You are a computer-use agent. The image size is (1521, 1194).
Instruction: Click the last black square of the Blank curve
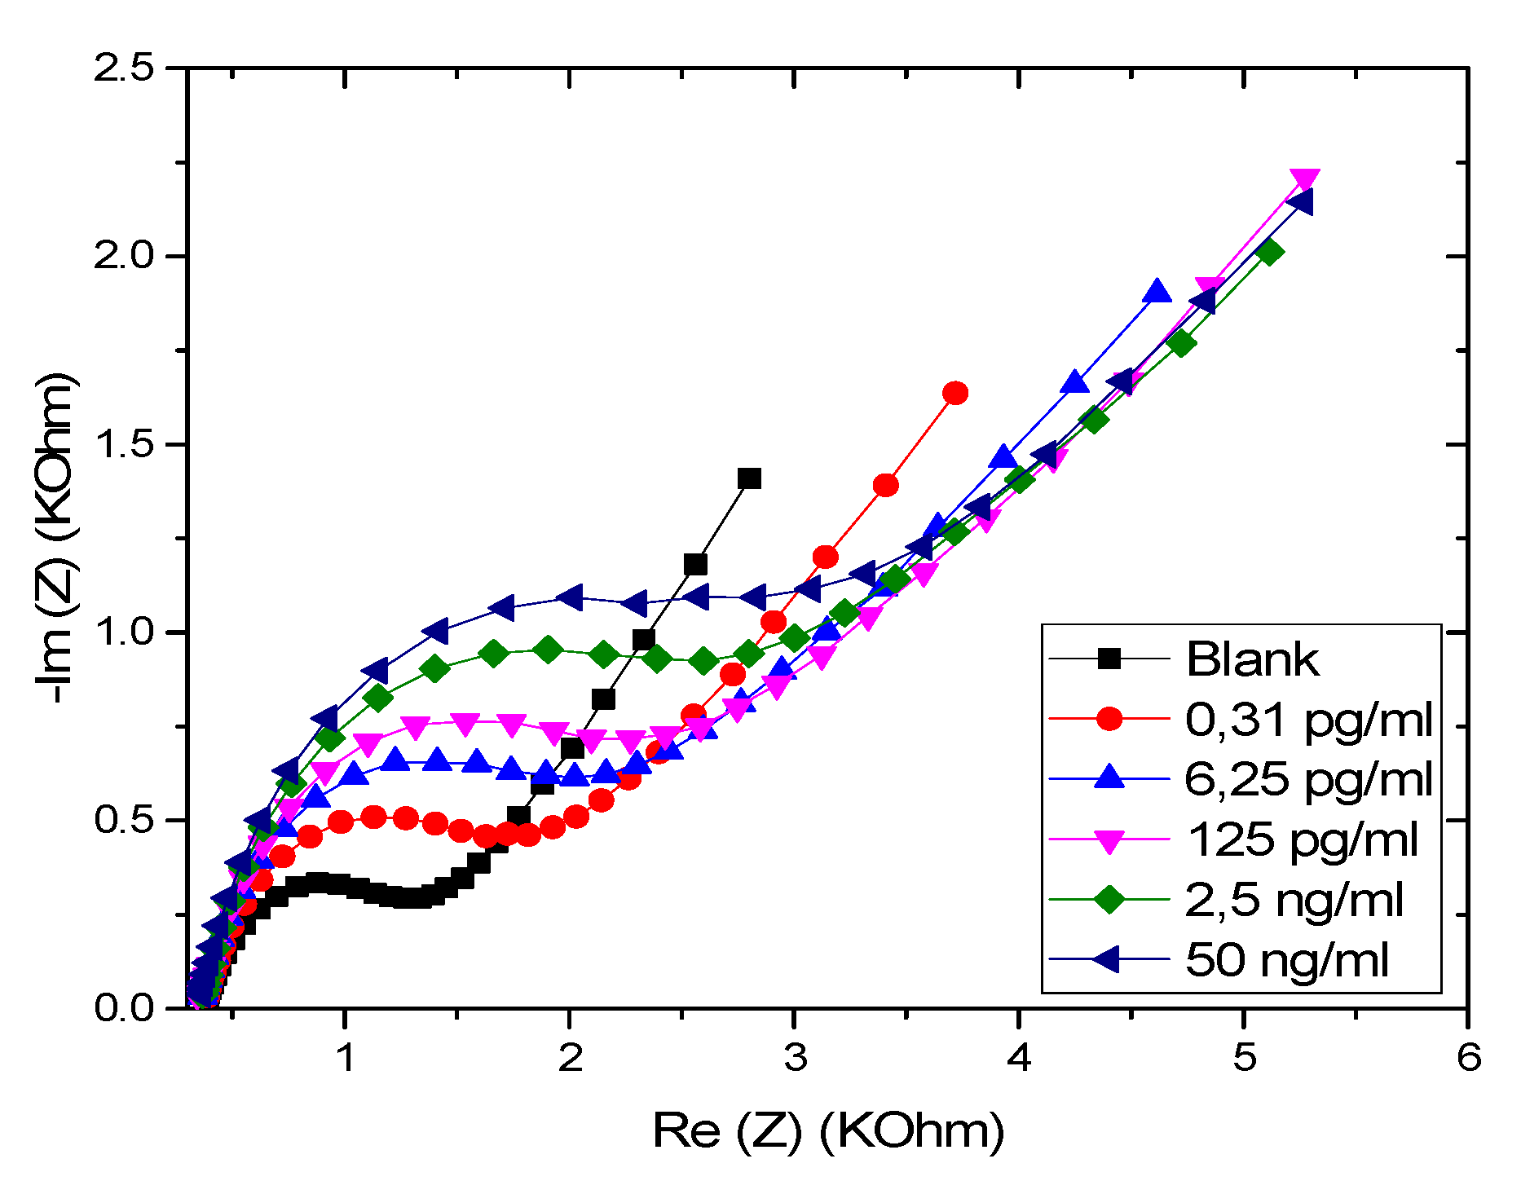click(748, 478)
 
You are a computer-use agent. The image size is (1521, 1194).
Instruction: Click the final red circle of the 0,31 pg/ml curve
click(954, 394)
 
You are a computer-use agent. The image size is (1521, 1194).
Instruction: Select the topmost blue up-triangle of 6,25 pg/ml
click(1156, 291)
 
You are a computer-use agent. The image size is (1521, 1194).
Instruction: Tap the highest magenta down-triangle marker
click(1304, 179)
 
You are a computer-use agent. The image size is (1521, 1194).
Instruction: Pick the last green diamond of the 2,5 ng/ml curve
click(1269, 253)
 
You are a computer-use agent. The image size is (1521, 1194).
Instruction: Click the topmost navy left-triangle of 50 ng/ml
click(1300, 202)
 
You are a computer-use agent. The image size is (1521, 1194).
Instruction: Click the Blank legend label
click(1251, 659)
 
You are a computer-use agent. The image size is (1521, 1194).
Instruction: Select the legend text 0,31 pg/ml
click(1307, 720)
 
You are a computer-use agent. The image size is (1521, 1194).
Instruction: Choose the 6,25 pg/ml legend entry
click(1307, 779)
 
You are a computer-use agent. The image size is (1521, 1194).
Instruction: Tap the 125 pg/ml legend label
click(1302, 839)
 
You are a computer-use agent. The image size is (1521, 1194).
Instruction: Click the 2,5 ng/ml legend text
click(1294, 900)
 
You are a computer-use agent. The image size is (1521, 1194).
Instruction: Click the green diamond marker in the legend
click(1109, 900)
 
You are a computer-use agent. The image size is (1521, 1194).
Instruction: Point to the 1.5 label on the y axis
click(124, 444)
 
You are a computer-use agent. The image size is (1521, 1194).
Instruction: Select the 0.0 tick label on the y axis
click(124, 1008)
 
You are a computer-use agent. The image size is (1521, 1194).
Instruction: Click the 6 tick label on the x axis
click(1468, 1058)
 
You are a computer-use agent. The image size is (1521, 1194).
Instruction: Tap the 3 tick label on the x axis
click(795, 1058)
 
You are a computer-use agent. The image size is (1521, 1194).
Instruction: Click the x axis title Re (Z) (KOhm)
click(827, 1131)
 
